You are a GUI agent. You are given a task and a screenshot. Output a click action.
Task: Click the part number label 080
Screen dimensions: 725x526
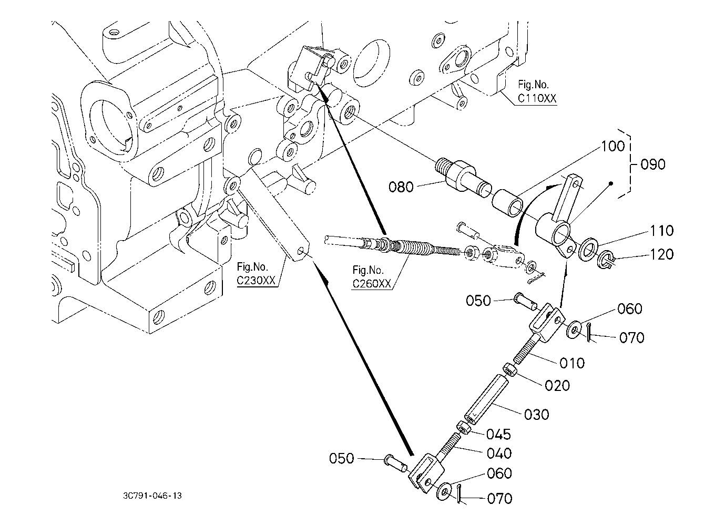[x=401, y=187]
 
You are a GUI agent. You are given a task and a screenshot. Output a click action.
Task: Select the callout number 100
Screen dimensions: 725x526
[x=612, y=147]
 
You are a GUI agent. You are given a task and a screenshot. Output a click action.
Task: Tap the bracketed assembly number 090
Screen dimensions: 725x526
[x=653, y=164]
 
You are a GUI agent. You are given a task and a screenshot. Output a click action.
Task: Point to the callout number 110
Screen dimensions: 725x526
[x=661, y=231]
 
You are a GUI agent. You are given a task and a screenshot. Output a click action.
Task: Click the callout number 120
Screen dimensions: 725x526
[x=661, y=254]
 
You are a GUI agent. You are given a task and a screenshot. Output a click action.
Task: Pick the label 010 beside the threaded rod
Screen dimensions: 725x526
[x=572, y=363]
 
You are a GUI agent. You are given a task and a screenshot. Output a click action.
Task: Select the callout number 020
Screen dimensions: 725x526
[x=557, y=386]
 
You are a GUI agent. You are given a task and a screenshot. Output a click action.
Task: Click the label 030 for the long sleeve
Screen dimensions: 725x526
[x=537, y=415]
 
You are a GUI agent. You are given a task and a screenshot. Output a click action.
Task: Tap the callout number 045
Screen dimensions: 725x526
[x=499, y=435]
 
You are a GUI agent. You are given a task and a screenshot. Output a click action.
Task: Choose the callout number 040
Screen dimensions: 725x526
[x=499, y=454]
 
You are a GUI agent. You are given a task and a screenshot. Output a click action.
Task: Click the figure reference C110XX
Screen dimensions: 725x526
[x=537, y=98]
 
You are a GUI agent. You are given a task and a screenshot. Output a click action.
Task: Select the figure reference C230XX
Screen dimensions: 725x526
[x=256, y=281]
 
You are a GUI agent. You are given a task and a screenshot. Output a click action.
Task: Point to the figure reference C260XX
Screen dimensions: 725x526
[x=372, y=284]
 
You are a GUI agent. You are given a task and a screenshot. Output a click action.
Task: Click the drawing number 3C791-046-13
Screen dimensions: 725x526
[x=152, y=496]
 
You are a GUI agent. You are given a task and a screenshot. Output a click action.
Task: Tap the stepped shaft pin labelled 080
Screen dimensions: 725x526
[x=462, y=177]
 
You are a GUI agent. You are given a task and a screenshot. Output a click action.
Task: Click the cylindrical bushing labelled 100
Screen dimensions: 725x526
[x=507, y=203]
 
